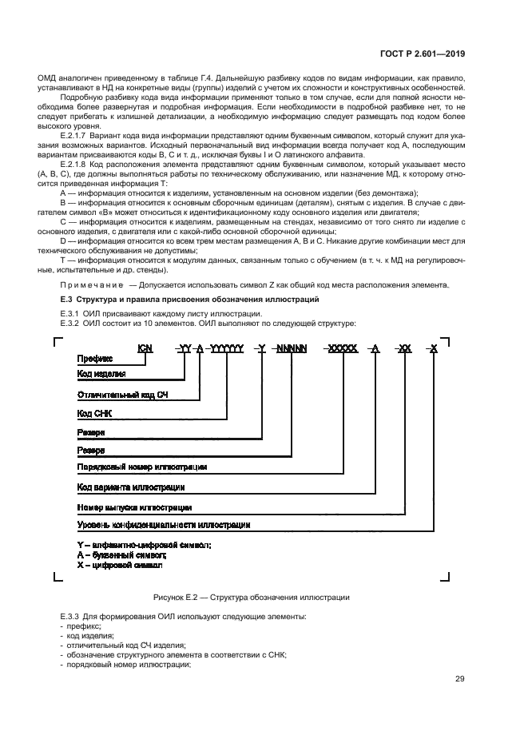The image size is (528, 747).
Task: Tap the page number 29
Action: pos(460,679)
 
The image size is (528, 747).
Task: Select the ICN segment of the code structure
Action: pos(145,348)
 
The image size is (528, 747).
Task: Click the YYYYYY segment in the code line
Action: pos(226,348)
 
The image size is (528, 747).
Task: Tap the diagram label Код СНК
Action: pos(95,413)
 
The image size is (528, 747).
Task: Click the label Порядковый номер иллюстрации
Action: pos(142,466)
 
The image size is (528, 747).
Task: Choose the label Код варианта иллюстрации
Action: pos(131,486)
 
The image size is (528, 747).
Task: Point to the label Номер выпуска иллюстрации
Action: pos(134,507)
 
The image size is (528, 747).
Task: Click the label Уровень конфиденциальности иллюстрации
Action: pos(163,526)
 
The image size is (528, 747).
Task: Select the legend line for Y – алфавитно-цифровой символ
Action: pos(144,545)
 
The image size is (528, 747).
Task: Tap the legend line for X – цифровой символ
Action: pos(120,564)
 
